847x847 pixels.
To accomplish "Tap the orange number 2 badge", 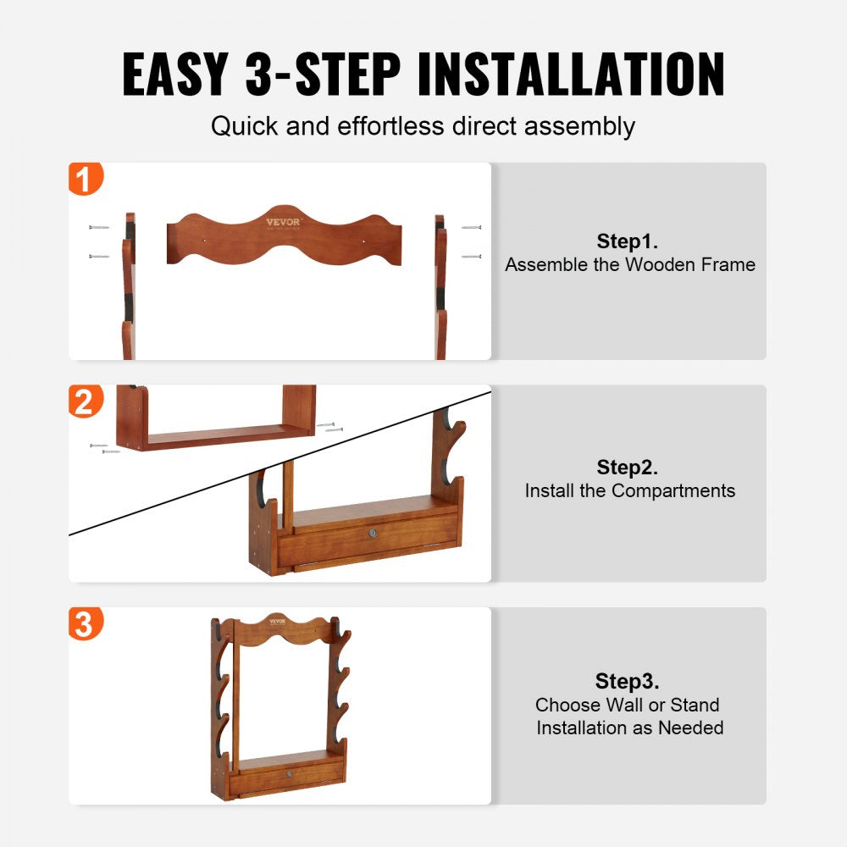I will [86, 401].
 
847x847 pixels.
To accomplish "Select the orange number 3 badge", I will [86, 624].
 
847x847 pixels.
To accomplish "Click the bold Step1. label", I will [628, 241].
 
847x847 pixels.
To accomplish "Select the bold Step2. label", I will [628, 467].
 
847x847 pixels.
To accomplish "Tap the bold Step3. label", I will [628, 681].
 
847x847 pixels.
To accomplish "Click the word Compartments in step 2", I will [673, 490].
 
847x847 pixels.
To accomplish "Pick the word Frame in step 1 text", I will [725, 264].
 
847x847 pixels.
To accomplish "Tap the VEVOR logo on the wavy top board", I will [283, 222].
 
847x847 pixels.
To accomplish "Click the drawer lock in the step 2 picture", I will [371, 532].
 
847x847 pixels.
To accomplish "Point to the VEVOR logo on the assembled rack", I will [278, 622].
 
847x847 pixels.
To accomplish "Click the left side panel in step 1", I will [128, 288].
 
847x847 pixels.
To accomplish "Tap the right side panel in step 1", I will [440, 288].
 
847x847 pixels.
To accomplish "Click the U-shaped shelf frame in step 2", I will [217, 433].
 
